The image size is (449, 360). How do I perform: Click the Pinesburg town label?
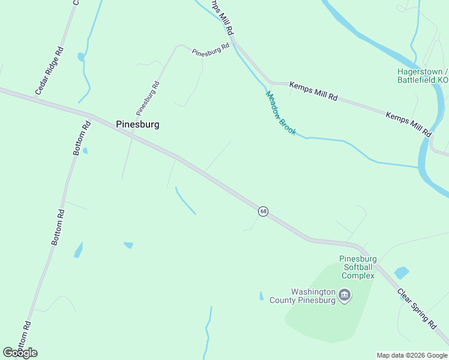(137, 125)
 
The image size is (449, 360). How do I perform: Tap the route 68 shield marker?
(263, 211)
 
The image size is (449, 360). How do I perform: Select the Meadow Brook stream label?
(281, 113)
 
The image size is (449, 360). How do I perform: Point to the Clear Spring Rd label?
(416, 308)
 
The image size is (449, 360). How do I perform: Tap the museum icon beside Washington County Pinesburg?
(345, 295)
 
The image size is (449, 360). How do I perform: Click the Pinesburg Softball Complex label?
(358, 267)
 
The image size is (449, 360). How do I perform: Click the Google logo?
(20, 353)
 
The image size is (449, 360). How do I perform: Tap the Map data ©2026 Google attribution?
(411, 355)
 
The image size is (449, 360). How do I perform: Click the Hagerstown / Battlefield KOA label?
(423, 75)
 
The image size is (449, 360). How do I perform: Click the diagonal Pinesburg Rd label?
(148, 98)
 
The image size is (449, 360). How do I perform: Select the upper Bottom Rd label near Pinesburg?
(82, 138)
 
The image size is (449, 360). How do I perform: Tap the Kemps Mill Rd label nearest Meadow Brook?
(313, 91)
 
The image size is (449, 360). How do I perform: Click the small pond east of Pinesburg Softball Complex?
(401, 273)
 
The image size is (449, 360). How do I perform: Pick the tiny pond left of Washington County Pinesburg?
(261, 296)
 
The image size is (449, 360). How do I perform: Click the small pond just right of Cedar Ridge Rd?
(80, 57)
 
